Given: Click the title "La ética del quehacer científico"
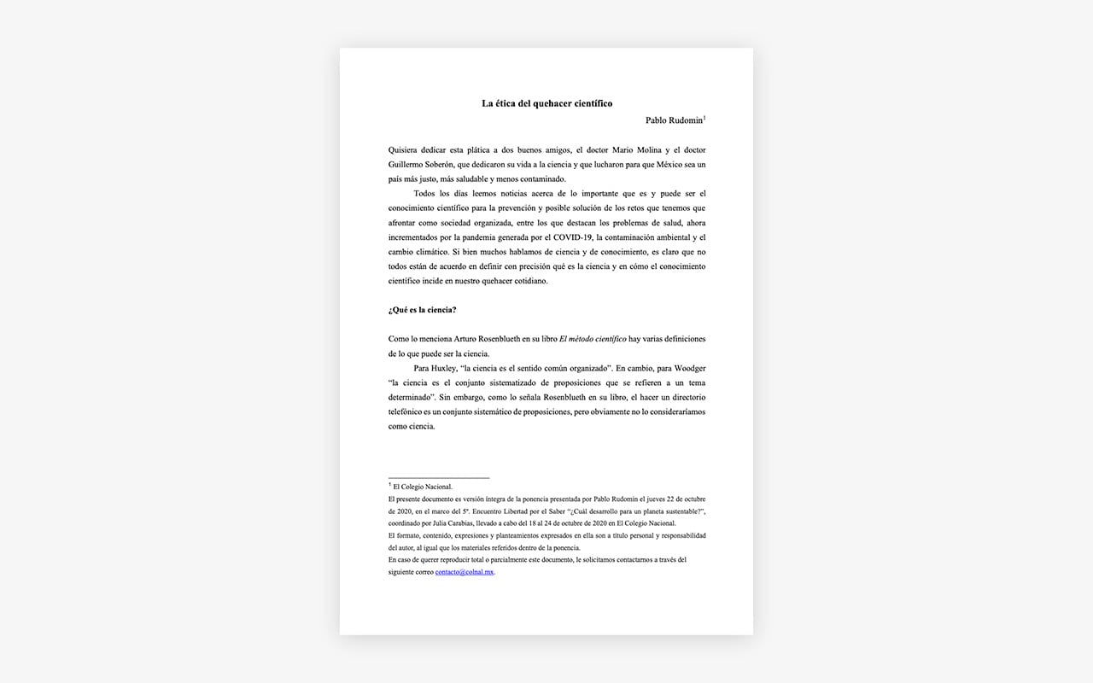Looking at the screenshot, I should click(546, 103).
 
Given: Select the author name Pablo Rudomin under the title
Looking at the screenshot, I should click(674, 120).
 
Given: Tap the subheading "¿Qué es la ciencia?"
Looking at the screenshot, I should click(422, 309).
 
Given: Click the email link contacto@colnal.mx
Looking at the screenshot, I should click(465, 572).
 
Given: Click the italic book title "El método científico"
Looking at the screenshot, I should click(593, 339).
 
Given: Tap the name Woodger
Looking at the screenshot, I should click(689, 368).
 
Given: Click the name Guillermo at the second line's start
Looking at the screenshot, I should click(406, 164).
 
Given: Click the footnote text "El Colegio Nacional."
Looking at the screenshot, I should click(423, 487).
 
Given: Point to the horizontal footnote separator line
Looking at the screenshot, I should click(438, 477).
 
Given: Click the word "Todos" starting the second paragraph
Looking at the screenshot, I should click(425, 194).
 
